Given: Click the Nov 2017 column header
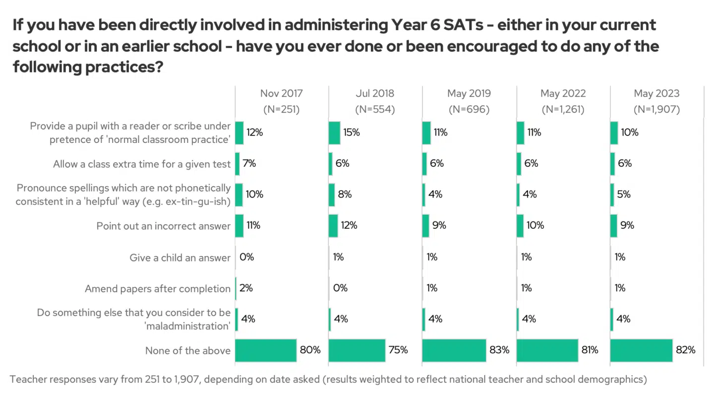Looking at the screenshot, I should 281,93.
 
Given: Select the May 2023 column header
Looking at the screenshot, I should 656,93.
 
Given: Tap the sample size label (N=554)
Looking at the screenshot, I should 375,110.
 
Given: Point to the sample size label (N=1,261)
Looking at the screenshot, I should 563,110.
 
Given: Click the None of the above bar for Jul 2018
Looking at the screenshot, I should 357,350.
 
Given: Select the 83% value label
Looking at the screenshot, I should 499,350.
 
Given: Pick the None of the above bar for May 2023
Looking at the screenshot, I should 641,350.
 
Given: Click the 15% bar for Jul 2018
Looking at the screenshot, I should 334,133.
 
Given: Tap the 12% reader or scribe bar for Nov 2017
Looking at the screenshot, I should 239,133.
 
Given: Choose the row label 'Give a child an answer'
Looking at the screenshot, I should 180,258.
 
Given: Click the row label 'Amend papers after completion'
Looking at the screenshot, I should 158,289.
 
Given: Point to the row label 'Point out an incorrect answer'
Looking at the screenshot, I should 164,226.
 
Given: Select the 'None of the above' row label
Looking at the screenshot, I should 188,351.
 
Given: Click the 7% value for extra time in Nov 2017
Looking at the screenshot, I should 249,163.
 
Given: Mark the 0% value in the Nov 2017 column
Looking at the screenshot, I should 247,257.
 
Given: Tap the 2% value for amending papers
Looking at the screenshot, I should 246,288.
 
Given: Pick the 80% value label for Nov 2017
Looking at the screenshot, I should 310,350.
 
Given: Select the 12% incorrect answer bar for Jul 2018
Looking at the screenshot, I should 333,226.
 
